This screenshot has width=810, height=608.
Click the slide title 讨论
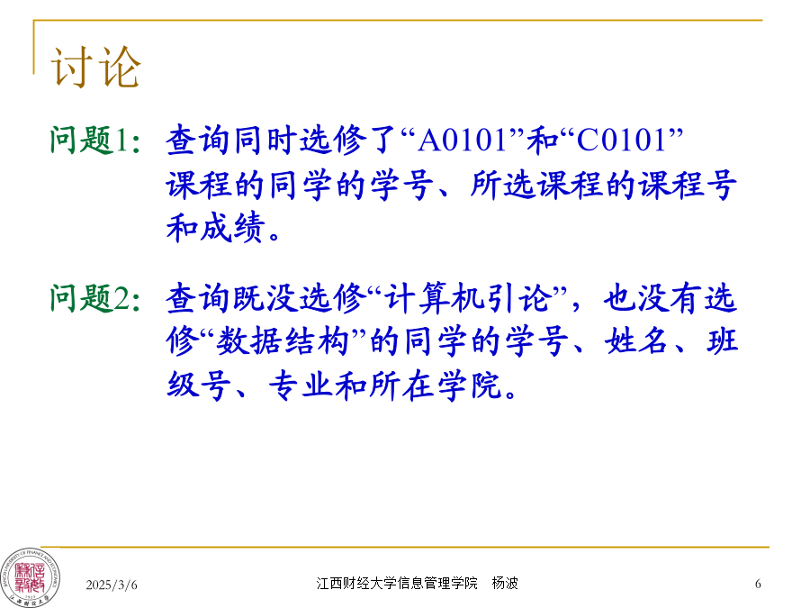point(95,67)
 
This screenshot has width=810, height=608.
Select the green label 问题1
point(88,140)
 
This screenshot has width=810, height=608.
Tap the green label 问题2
point(90,298)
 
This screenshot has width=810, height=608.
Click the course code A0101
point(462,141)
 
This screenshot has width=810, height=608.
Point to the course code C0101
point(621,141)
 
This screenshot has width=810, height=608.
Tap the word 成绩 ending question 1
point(233,227)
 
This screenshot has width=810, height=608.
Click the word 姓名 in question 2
point(636,341)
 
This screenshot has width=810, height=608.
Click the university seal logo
point(30,577)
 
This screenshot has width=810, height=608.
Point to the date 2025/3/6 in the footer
point(112,585)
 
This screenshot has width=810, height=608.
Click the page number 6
point(758,585)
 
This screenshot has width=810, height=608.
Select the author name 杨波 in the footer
point(505,583)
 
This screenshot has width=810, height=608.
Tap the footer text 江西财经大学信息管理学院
point(397,583)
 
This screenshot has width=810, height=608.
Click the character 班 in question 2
point(723,341)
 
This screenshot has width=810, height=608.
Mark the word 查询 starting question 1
point(198,141)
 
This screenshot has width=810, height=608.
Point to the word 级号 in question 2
point(199,386)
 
